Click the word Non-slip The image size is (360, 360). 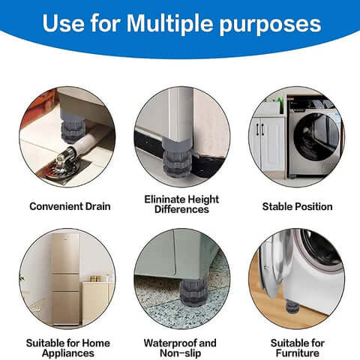pos(181,353)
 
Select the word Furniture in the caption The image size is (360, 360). pos(297,353)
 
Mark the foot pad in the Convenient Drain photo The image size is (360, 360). pos(72,127)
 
